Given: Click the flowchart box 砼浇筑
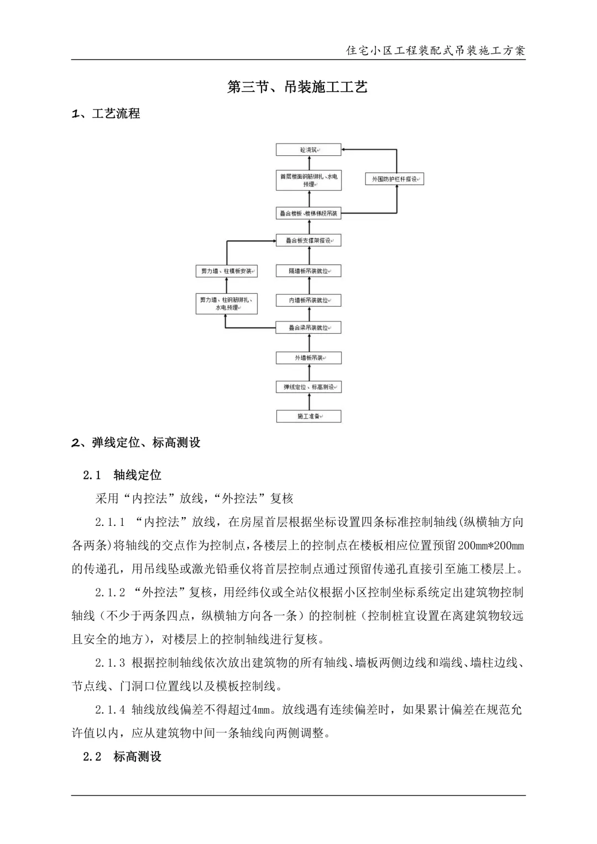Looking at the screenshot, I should coord(308,150).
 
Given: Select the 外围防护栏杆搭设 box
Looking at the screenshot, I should coord(394,179).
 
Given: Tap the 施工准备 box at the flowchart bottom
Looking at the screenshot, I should coord(308,416).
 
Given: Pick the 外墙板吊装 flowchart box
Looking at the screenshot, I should coord(308,358).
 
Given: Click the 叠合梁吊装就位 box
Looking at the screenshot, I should coord(308,328).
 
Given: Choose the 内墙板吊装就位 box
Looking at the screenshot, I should coord(308,300).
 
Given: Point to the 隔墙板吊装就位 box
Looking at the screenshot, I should coord(308,271).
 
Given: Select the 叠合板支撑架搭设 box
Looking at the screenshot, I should coord(308,240).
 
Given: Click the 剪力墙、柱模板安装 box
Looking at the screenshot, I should coord(227,271).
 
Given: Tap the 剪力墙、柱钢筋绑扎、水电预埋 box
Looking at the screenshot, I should coord(227,304).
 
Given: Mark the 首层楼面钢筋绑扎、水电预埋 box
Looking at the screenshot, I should coord(308,180).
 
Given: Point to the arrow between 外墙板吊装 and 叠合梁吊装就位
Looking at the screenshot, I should coord(308,342).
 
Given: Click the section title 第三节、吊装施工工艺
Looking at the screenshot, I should coord(297,87).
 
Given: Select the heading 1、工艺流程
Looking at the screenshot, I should coord(106,114).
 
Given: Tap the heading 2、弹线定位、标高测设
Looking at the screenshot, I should coord(136,443).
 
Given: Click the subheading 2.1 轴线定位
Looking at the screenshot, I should coord(122,475).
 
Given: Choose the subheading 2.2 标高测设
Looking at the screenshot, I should coord(122,757).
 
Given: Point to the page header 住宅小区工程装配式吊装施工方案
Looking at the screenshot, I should coord(435,51).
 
